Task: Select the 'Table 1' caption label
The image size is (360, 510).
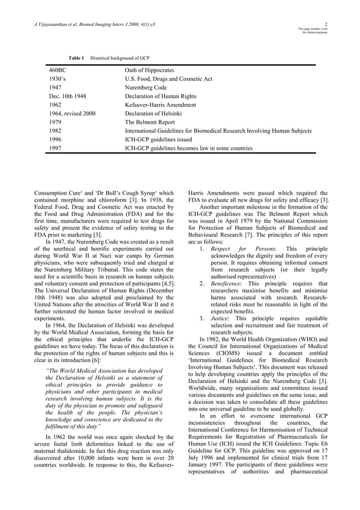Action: pyautogui.click(x=76, y=58)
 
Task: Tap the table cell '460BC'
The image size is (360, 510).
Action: pyautogui.click(x=58, y=71)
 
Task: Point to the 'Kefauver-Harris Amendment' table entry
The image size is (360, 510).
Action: pyautogui.click(x=160, y=105)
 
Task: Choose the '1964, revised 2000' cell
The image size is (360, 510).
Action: pyautogui.click(x=72, y=114)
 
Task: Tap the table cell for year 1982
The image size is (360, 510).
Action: pyautogui.click(x=55, y=131)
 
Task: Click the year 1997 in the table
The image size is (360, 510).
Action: pyautogui.click(x=55, y=149)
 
